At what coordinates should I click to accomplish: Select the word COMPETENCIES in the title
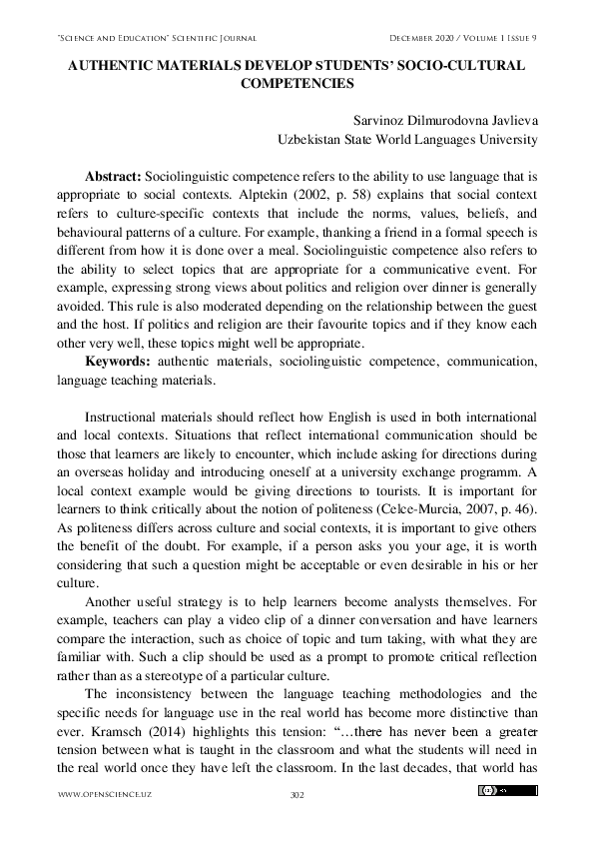pos(297,82)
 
